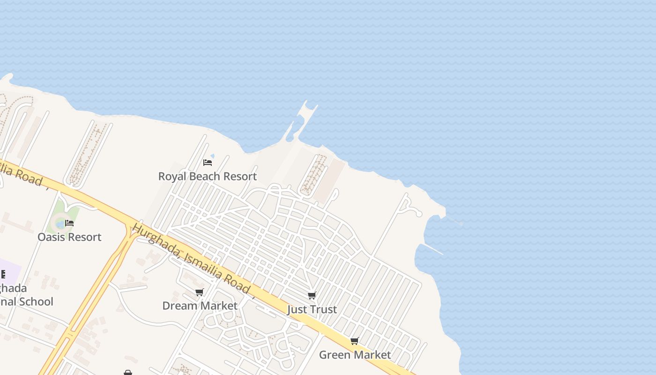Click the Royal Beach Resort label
208,177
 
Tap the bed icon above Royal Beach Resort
208,163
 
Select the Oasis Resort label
69,237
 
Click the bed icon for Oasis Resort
69,223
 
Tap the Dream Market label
200,306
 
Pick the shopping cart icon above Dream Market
200,292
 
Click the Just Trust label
312,310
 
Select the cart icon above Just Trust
312,295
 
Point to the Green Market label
355,355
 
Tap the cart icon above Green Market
355,341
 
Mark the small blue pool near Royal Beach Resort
212,156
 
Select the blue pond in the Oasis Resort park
60,224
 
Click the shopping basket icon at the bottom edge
128,373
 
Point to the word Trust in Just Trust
323,310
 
